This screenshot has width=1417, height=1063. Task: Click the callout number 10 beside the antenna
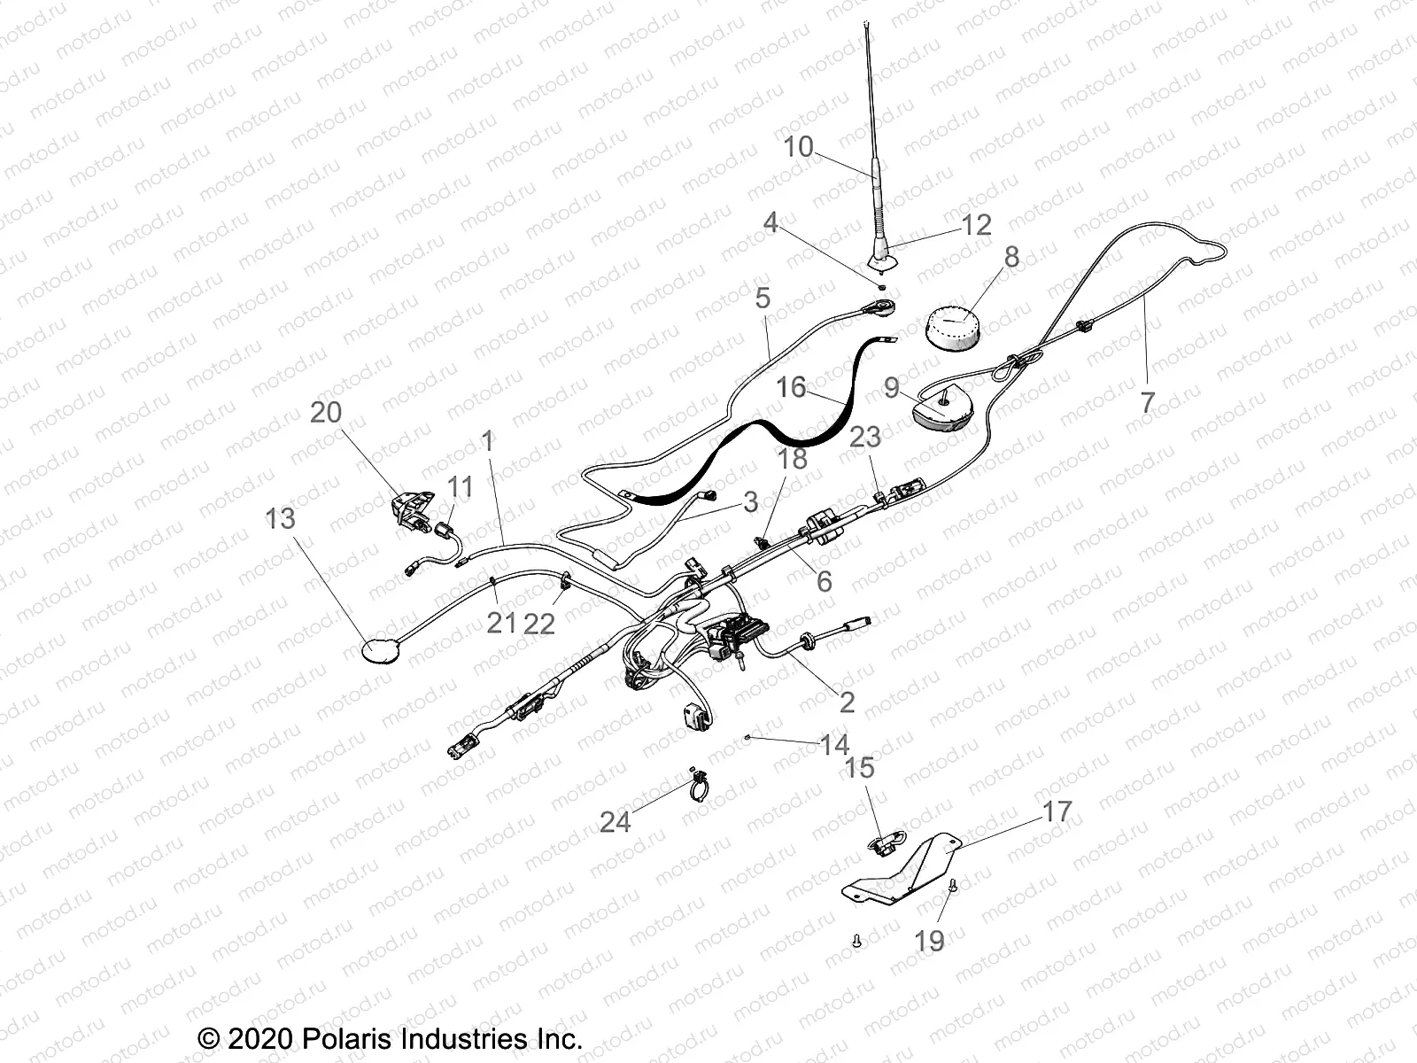[x=798, y=147]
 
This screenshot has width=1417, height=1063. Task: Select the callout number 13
[x=280, y=518]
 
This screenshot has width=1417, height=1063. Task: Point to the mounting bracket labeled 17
[x=912, y=864]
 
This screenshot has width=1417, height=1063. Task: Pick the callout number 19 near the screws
[x=930, y=941]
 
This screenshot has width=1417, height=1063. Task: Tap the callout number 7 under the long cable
[x=1147, y=402]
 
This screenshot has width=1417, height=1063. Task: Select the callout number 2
[x=847, y=702]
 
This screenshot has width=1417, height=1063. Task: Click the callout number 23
[x=865, y=436]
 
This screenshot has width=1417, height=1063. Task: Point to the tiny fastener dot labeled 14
[x=749, y=735]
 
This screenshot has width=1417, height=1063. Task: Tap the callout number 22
[x=538, y=624]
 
